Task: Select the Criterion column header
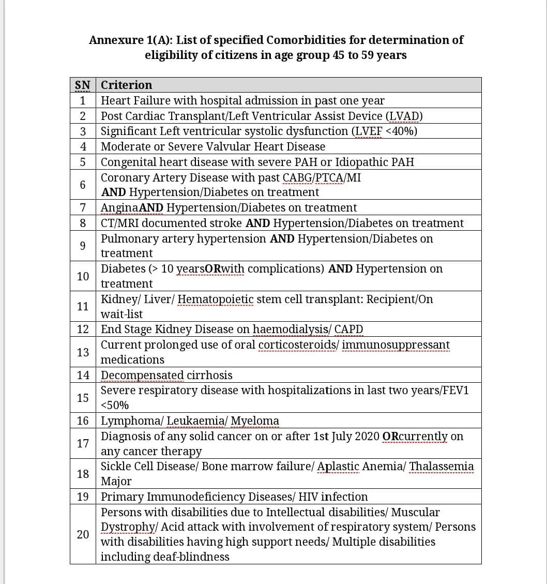126,85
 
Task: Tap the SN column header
83,85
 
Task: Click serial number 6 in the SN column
83,185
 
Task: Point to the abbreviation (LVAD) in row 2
401,116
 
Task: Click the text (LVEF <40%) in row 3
385,131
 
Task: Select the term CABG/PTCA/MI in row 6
322,177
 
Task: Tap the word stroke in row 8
226,223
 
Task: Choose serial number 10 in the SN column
83,276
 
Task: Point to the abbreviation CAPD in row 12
348,330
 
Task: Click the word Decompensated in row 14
142,375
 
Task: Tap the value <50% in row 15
115,405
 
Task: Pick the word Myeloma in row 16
255,421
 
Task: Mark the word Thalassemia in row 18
442,467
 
